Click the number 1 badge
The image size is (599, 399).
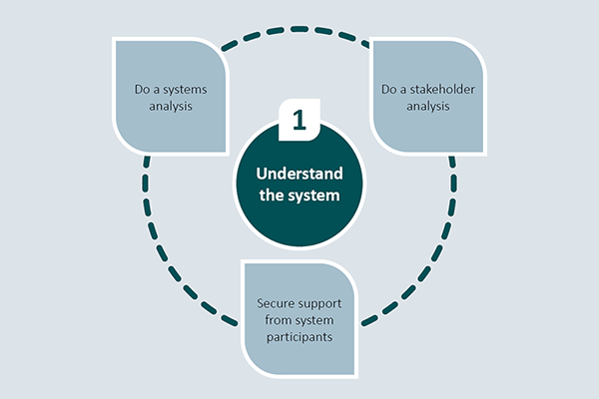(298, 119)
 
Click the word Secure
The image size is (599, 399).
(276, 301)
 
